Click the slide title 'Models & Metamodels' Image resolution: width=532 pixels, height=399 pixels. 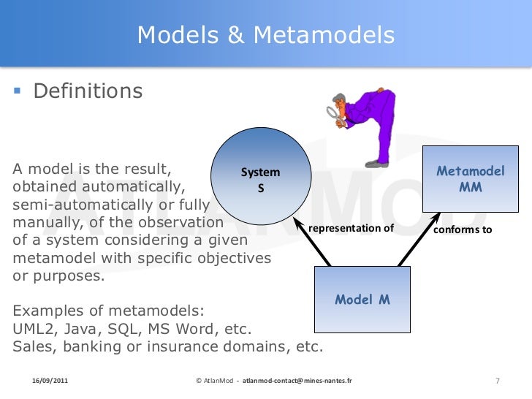tap(266, 34)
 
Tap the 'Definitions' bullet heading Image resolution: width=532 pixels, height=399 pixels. tap(88, 91)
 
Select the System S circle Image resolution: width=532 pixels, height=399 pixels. tap(261, 179)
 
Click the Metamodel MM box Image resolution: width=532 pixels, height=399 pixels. tap(471, 179)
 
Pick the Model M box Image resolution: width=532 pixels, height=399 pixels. tap(362, 299)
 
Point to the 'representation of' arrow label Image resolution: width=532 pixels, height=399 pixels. tap(351, 229)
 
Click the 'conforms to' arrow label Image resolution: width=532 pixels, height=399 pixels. tap(463, 229)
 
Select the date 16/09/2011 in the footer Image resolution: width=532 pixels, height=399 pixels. tap(50, 381)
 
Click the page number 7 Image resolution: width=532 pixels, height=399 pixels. tap(497, 381)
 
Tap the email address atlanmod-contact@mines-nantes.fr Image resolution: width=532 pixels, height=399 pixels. tap(296, 381)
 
